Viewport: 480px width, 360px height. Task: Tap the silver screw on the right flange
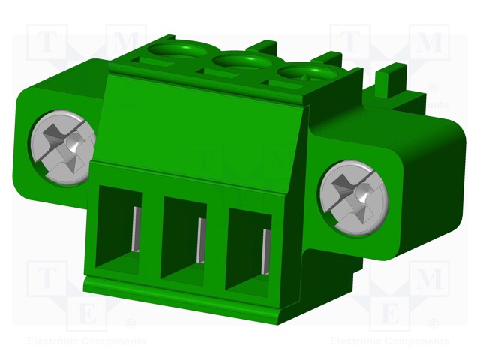point(351,196)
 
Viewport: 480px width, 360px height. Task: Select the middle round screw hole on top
point(240,63)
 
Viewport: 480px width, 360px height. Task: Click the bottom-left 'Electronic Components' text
point(87,341)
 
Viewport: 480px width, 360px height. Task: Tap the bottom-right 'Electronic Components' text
point(390,341)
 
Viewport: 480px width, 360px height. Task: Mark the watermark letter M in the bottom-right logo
point(429,279)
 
